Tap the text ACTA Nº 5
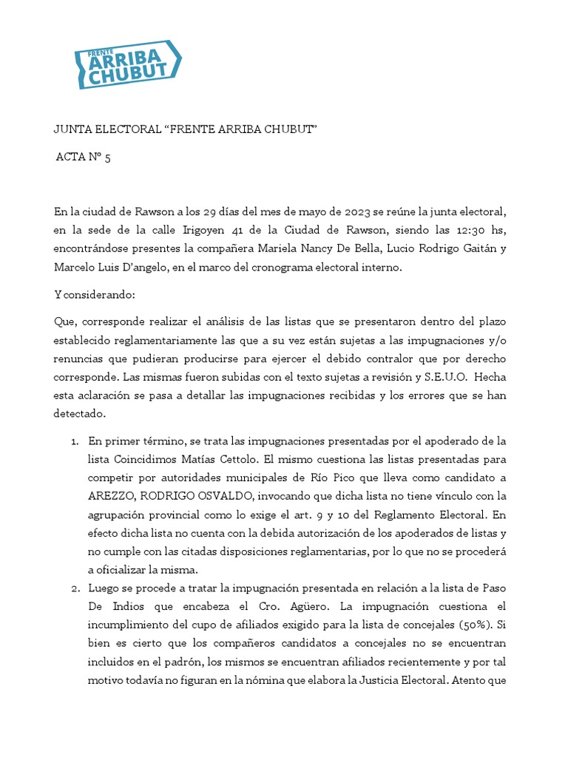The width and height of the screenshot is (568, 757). click(84, 157)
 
